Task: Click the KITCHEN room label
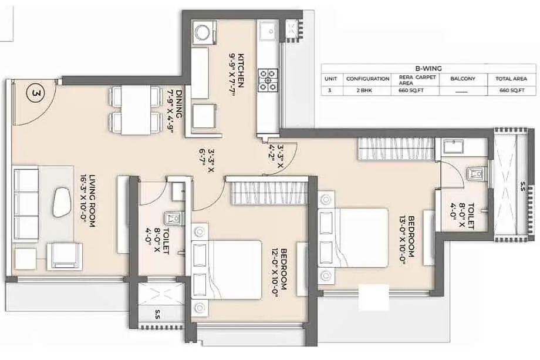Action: [x=241, y=70]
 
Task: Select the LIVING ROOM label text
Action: [x=92, y=201]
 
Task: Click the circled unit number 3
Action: [x=35, y=93]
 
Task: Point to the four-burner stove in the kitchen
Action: [x=268, y=80]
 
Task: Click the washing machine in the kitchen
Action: [x=205, y=32]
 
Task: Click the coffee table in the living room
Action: [x=61, y=202]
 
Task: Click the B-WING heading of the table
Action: [x=428, y=69]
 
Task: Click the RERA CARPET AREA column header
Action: [x=417, y=80]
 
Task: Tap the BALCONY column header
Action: [x=463, y=79]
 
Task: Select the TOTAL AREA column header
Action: [x=511, y=79]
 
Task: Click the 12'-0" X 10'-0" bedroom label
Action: [x=279, y=269]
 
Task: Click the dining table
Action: [x=136, y=110]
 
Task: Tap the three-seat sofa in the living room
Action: [x=26, y=203]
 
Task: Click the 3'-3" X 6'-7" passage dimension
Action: [x=207, y=161]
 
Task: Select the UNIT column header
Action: [x=330, y=79]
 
